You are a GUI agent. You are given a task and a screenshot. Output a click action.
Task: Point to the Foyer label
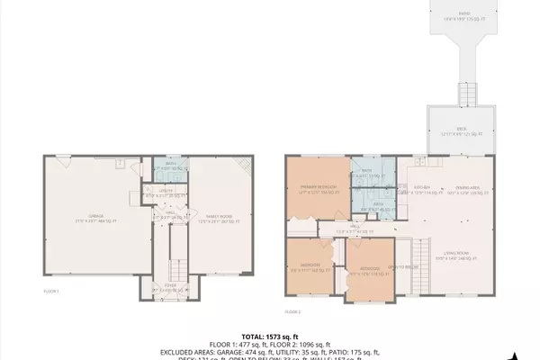(166, 290)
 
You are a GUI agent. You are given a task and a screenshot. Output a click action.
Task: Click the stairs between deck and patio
(466, 93)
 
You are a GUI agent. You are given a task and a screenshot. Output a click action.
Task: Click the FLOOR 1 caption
(52, 292)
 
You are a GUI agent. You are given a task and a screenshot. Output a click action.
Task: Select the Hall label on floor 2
(342, 229)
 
